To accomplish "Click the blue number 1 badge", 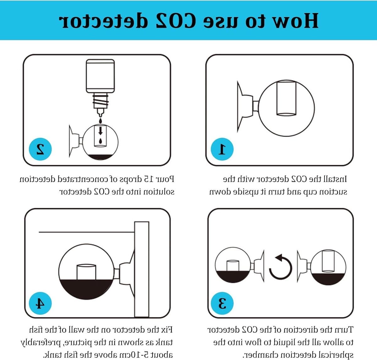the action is click(x=222, y=149).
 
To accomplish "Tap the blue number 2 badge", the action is click(x=40, y=149).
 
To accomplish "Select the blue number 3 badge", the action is click(x=222, y=303).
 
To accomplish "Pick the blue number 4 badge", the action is click(x=40, y=303).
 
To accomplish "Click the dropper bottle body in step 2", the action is click(x=100, y=76).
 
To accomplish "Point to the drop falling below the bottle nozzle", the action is click(x=100, y=121).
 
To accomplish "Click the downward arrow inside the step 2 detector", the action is click(x=100, y=131).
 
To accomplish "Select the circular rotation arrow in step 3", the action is click(x=281, y=267).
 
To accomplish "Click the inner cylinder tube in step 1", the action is click(x=286, y=99).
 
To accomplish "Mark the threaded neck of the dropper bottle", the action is click(x=100, y=101).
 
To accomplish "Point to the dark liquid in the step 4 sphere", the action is click(x=86, y=289).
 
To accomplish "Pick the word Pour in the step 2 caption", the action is click(x=166, y=179).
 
